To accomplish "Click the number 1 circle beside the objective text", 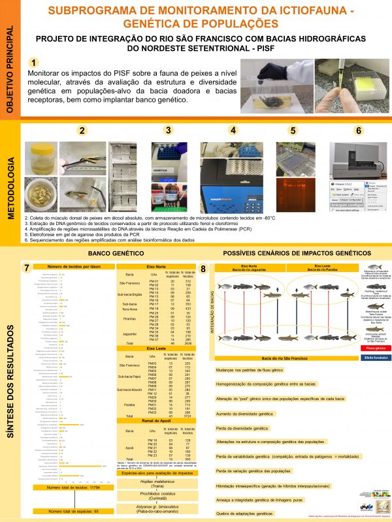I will (33, 63).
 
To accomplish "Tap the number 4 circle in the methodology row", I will (233, 130).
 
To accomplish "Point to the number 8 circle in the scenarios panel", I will (204, 268).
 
